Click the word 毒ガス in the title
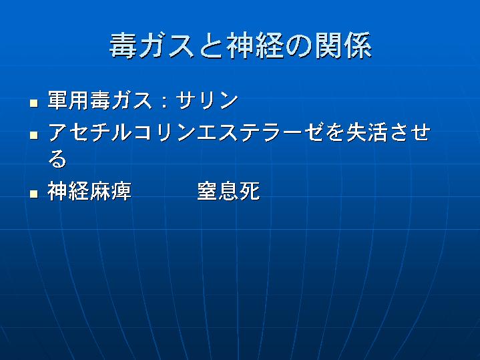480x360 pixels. pyautogui.click(x=152, y=46)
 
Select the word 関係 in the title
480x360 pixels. pyautogui.click(x=343, y=46)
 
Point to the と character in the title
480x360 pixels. pyautogui.click(x=210, y=47)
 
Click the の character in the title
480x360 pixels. pyautogui.click(x=299, y=47)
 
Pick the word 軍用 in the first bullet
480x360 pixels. pyautogui.click(x=68, y=100)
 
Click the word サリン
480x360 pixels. pyautogui.click(x=207, y=100)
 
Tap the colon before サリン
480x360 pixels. pyautogui.click(x=165, y=101)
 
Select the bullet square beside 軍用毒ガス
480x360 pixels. pyautogui.click(x=34, y=103)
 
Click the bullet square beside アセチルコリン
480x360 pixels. pyautogui.click(x=34, y=135)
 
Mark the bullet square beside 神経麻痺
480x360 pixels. pyautogui.click(x=34, y=194)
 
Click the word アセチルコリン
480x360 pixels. pyautogui.click(x=122, y=132)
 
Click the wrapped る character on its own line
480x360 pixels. pyautogui.click(x=57, y=158)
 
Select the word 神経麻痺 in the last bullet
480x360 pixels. pyautogui.click(x=89, y=191)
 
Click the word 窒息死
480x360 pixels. pyautogui.click(x=228, y=191)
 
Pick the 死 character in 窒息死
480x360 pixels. pyautogui.click(x=250, y=191)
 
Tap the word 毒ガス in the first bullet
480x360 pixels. pyautogui.click(x=121, y=100)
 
